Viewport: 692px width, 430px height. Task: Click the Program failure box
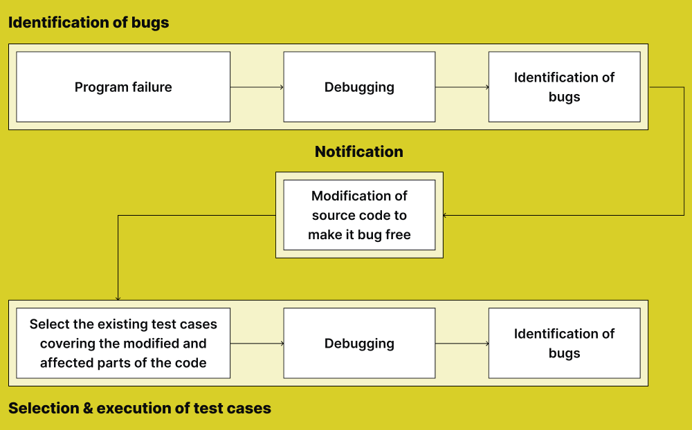[x=123, y=87]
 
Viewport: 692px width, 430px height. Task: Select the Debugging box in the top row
[x=359, y=87]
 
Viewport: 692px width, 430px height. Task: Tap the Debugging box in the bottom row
[x=359, y=344]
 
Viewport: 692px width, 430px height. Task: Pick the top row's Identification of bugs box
[x=564, y=87]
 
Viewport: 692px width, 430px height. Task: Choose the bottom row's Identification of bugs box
[x=564, y=344]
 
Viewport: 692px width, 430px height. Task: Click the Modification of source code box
[x=359, y=215]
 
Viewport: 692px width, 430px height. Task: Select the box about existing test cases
[x=123, y=344]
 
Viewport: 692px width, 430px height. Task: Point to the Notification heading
[x=358, y=151]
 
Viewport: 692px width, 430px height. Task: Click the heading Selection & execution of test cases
[x=140, y=408]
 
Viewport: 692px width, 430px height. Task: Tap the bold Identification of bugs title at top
[x=89, y=22]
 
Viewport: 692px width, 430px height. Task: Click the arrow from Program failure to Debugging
[x=257, y=87]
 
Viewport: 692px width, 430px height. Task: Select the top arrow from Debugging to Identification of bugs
[x=462, y=87]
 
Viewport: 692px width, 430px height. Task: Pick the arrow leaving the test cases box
[x=257, y=344]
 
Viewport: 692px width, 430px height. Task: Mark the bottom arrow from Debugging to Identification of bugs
[x=462, y=344]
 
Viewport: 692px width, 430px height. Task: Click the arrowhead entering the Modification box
[x=445, y=215]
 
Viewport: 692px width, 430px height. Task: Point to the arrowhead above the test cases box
[x=118, y=298]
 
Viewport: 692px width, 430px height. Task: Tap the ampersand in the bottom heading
[x=88, y=408]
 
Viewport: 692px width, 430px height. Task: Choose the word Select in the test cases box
[x=48, y=324]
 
